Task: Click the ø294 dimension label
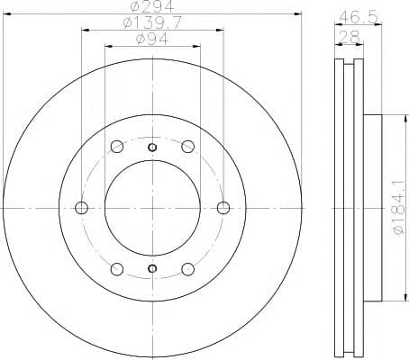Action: coord(150,13)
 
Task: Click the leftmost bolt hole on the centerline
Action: coord(82,208)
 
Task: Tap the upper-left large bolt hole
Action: coord(116,148)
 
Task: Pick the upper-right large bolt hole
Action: coord(187,148)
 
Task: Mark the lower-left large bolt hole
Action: coord(116,268)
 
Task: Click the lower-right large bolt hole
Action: coord(187,268)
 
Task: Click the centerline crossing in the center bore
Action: coord(152,208)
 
